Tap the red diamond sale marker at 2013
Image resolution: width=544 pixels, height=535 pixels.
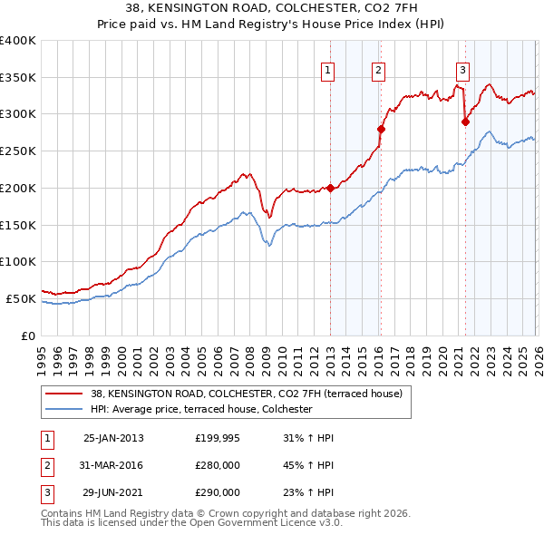(x=331, y=189)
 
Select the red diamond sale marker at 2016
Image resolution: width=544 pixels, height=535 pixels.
(x=381, y=129)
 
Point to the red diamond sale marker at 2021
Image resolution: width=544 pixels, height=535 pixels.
(x=465, y=122)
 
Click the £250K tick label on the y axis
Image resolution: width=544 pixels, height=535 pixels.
(x=17, y=151)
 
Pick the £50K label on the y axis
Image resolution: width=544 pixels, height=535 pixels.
(x=20, y=298)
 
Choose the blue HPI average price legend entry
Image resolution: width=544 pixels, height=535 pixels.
(x=201, y=410)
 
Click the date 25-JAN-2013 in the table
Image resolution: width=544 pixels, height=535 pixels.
(x=113, y=438)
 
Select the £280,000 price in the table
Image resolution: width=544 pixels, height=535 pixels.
(x=218, y=465)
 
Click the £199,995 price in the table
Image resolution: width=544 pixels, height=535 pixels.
(x=218, y=438)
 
